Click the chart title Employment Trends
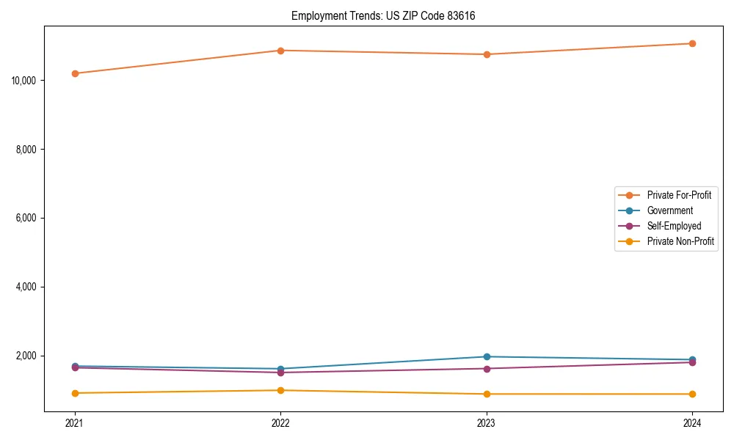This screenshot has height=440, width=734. coord(383,16)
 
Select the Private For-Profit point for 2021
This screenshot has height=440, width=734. coord(75,73)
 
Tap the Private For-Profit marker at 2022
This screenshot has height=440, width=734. coord(280,51)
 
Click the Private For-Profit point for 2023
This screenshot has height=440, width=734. coord(487,54)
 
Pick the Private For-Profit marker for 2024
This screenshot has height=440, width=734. coord(692,43)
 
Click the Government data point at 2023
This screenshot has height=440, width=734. coord(487,356)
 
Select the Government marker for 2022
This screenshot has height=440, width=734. coord(280,369)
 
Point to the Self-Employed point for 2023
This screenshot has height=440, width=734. coord(487,368)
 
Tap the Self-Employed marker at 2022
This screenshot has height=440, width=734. coord(280,373)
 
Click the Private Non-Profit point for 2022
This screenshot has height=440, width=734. coord(280,390)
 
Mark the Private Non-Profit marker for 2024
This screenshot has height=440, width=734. coord(692,394)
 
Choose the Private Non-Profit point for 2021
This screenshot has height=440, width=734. coord(75,393)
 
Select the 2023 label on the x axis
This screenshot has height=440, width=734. coord(487,422)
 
